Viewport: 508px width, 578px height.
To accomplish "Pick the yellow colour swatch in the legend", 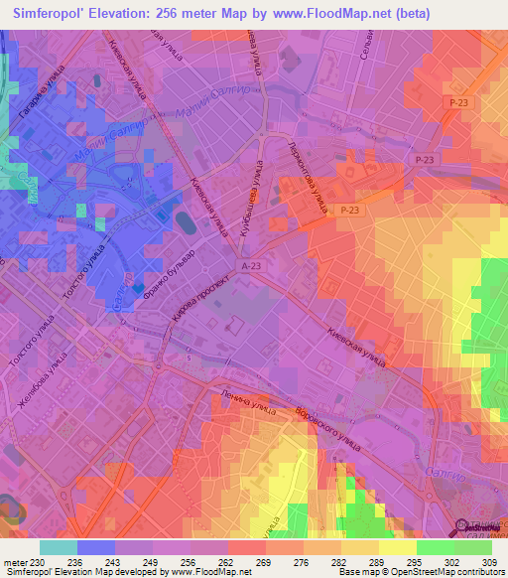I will point(398,547).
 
